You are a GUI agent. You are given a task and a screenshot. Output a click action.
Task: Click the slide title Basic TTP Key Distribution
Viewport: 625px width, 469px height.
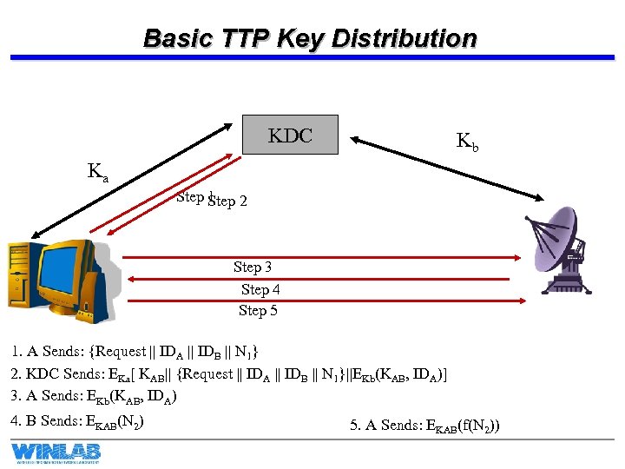(x=310, y=39)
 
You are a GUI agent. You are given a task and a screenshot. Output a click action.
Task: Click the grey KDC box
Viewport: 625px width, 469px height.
(x=290, y=135)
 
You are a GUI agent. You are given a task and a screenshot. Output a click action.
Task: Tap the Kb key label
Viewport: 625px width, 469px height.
(x=466, y=142)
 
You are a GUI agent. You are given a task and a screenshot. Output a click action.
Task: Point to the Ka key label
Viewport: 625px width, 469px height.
(x=98, y=172)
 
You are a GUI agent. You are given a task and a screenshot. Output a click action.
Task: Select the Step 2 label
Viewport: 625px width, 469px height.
(x=228, y=201)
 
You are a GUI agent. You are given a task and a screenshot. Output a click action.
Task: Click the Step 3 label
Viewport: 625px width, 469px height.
(x=253, y=268)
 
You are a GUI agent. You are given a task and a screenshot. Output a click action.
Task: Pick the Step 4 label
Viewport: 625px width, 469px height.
(x=260, y=289)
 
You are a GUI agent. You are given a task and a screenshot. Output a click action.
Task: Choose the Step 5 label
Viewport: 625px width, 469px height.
(x=258, y=310)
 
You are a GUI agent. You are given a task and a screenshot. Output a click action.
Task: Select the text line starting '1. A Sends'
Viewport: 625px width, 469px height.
(x=135, y=352)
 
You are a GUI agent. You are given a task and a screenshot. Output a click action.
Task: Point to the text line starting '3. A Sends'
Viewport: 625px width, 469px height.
(x=95, y=397)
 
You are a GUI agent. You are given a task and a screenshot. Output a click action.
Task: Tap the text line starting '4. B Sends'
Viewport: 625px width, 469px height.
(x=78, y=421)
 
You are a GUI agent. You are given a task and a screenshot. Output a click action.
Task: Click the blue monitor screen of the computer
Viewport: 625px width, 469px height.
(x=61, y=269)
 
